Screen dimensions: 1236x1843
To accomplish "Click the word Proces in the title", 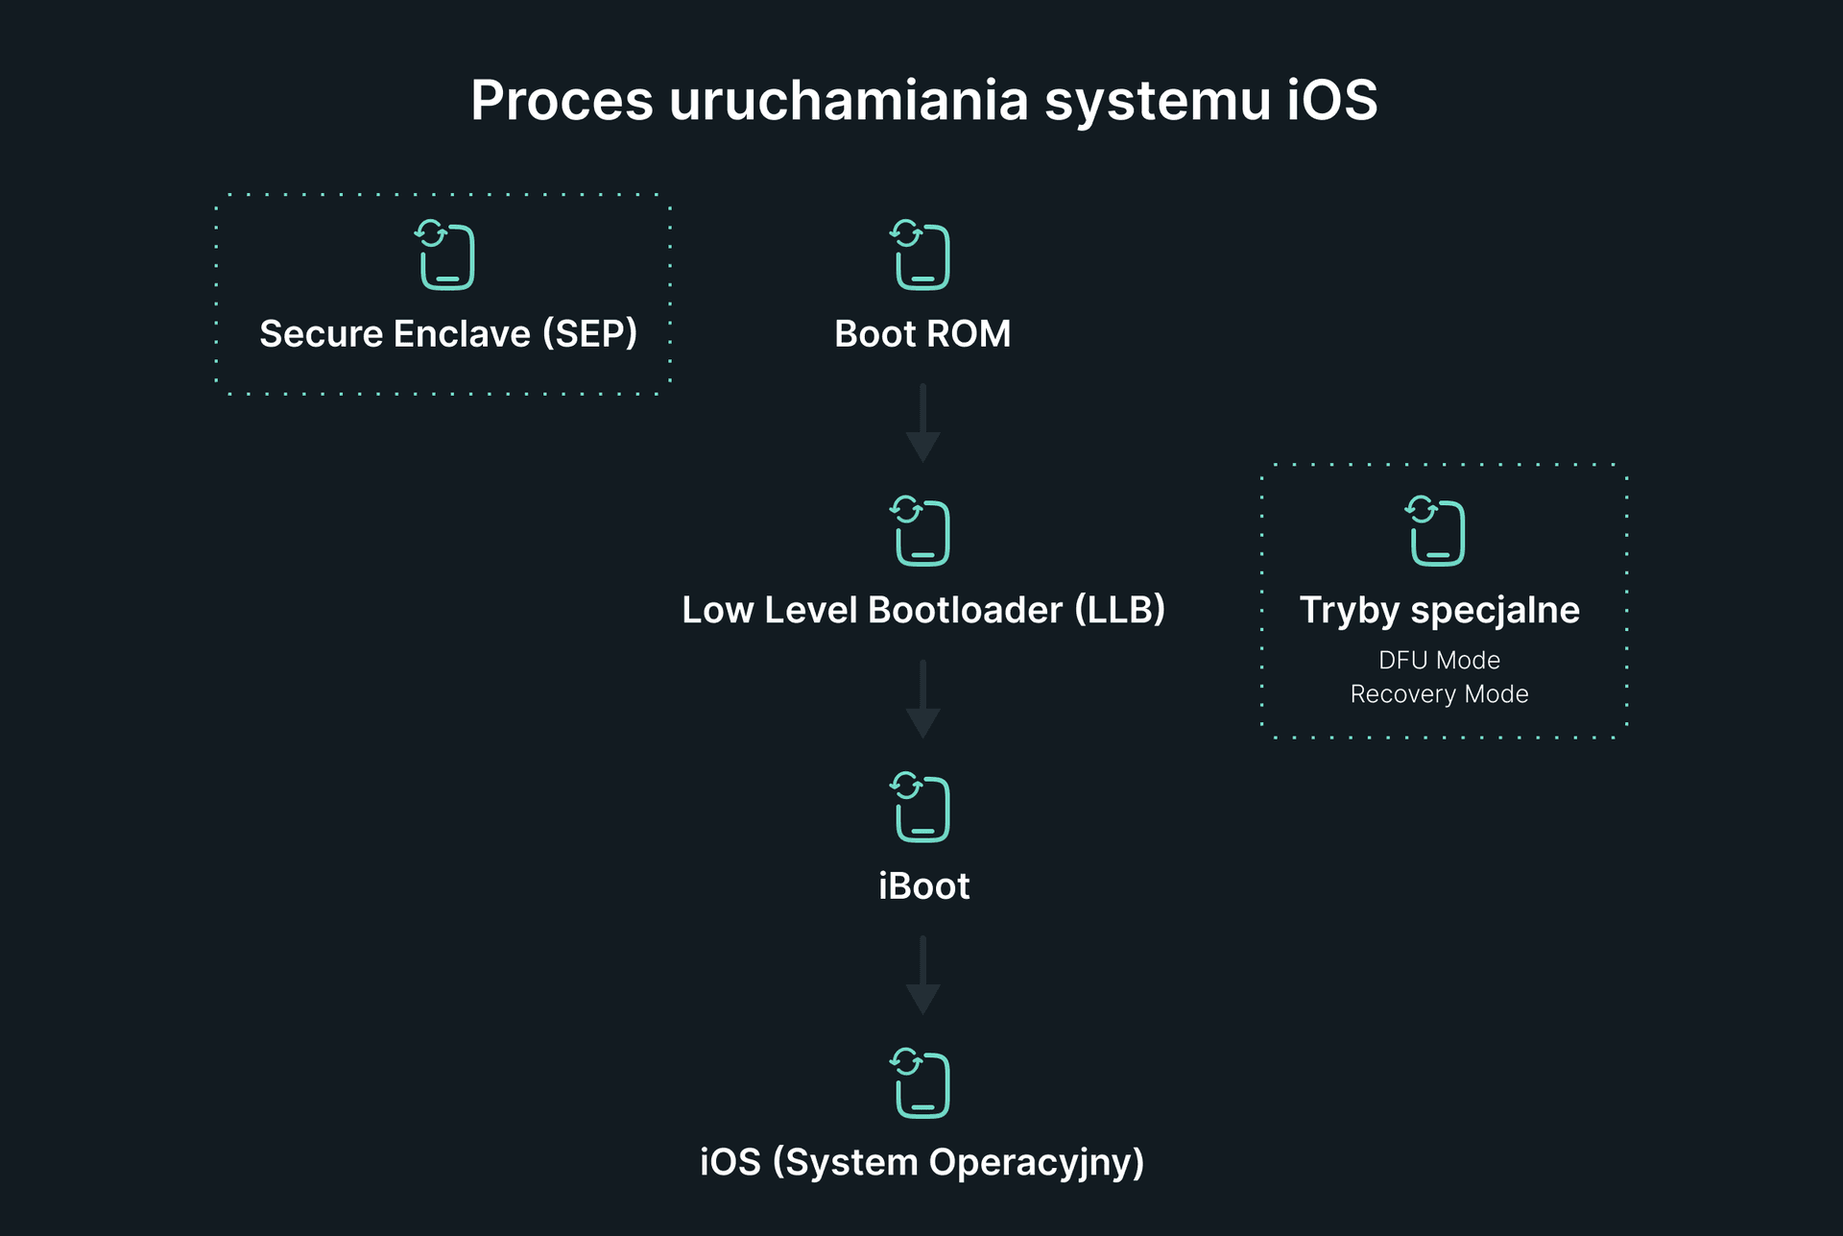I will click(x=562, y=101).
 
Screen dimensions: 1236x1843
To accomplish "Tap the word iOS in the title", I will click(x=1331, y=101).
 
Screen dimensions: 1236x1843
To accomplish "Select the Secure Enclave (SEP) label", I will click(x=448, y=334).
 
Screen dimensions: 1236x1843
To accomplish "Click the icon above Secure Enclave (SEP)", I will click(x=445, y=255).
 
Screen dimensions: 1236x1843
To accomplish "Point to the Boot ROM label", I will click(x=922, y=334).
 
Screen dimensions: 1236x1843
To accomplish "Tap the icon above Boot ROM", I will click(x=921, y=255).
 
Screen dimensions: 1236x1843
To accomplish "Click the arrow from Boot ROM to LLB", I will click(x=922, y=424).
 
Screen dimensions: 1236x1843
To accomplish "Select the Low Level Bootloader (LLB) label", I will click(x=923, y=610).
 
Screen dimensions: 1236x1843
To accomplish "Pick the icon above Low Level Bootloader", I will click(x=921, y=531).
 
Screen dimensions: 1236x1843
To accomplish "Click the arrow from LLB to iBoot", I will click(x=922, y=699).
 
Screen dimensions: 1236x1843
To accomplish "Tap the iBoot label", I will click(x=923, y=885).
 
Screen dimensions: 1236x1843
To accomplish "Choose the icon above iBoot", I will click(x=921, y=808).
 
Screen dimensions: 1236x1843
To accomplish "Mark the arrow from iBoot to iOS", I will click(x=922, y=976).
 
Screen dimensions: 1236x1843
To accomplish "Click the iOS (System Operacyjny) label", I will click(x=922, y=1162).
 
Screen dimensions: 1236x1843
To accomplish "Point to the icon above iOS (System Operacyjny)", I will click(x=921, y=1084).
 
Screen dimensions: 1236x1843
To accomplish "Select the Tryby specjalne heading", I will click(x=1439, y=611).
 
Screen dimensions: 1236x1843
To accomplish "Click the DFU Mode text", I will click(x=1439, y=660).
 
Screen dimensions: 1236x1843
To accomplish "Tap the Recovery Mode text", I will click(x=1439, y=693).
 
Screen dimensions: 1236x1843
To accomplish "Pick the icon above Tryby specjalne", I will click(x=1437, y=531).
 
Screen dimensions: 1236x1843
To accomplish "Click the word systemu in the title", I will click(x=1158, y=101).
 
